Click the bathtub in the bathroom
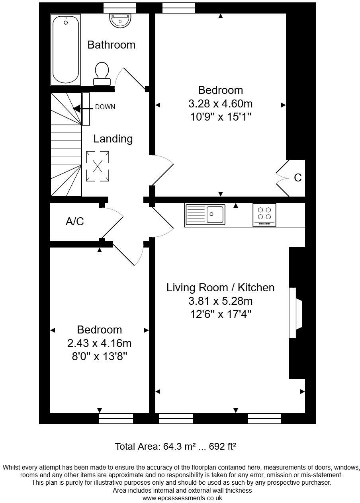pyautogui.click(x=66, y=50)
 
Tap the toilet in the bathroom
pyautogui.click(x=102, y=74)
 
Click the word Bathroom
pyautogui.click(x=111, y=45)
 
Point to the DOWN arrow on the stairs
pyautogui.click(x=77, y=108)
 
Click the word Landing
pyautogui.click(x=113, y=139)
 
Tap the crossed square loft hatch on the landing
pyautogui.click(x=98, y=166)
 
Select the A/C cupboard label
pyautogui.click(x=75, y=221)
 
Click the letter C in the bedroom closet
pyautogui.click(x=297, y=178)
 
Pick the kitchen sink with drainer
pyautogui.click(x=205, y=214)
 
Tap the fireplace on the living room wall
pyautogui.click(x=295, y=312)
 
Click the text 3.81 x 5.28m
pyautogui.click(x=220, y=301)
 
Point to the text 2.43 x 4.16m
pyautogui.click(x=100, y=343)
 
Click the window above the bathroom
pyautogui.click(x=119, y=8)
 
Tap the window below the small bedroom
pyautogui.click(x=115, y=418)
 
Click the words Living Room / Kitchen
pyautogui.click(x=220, y=287)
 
